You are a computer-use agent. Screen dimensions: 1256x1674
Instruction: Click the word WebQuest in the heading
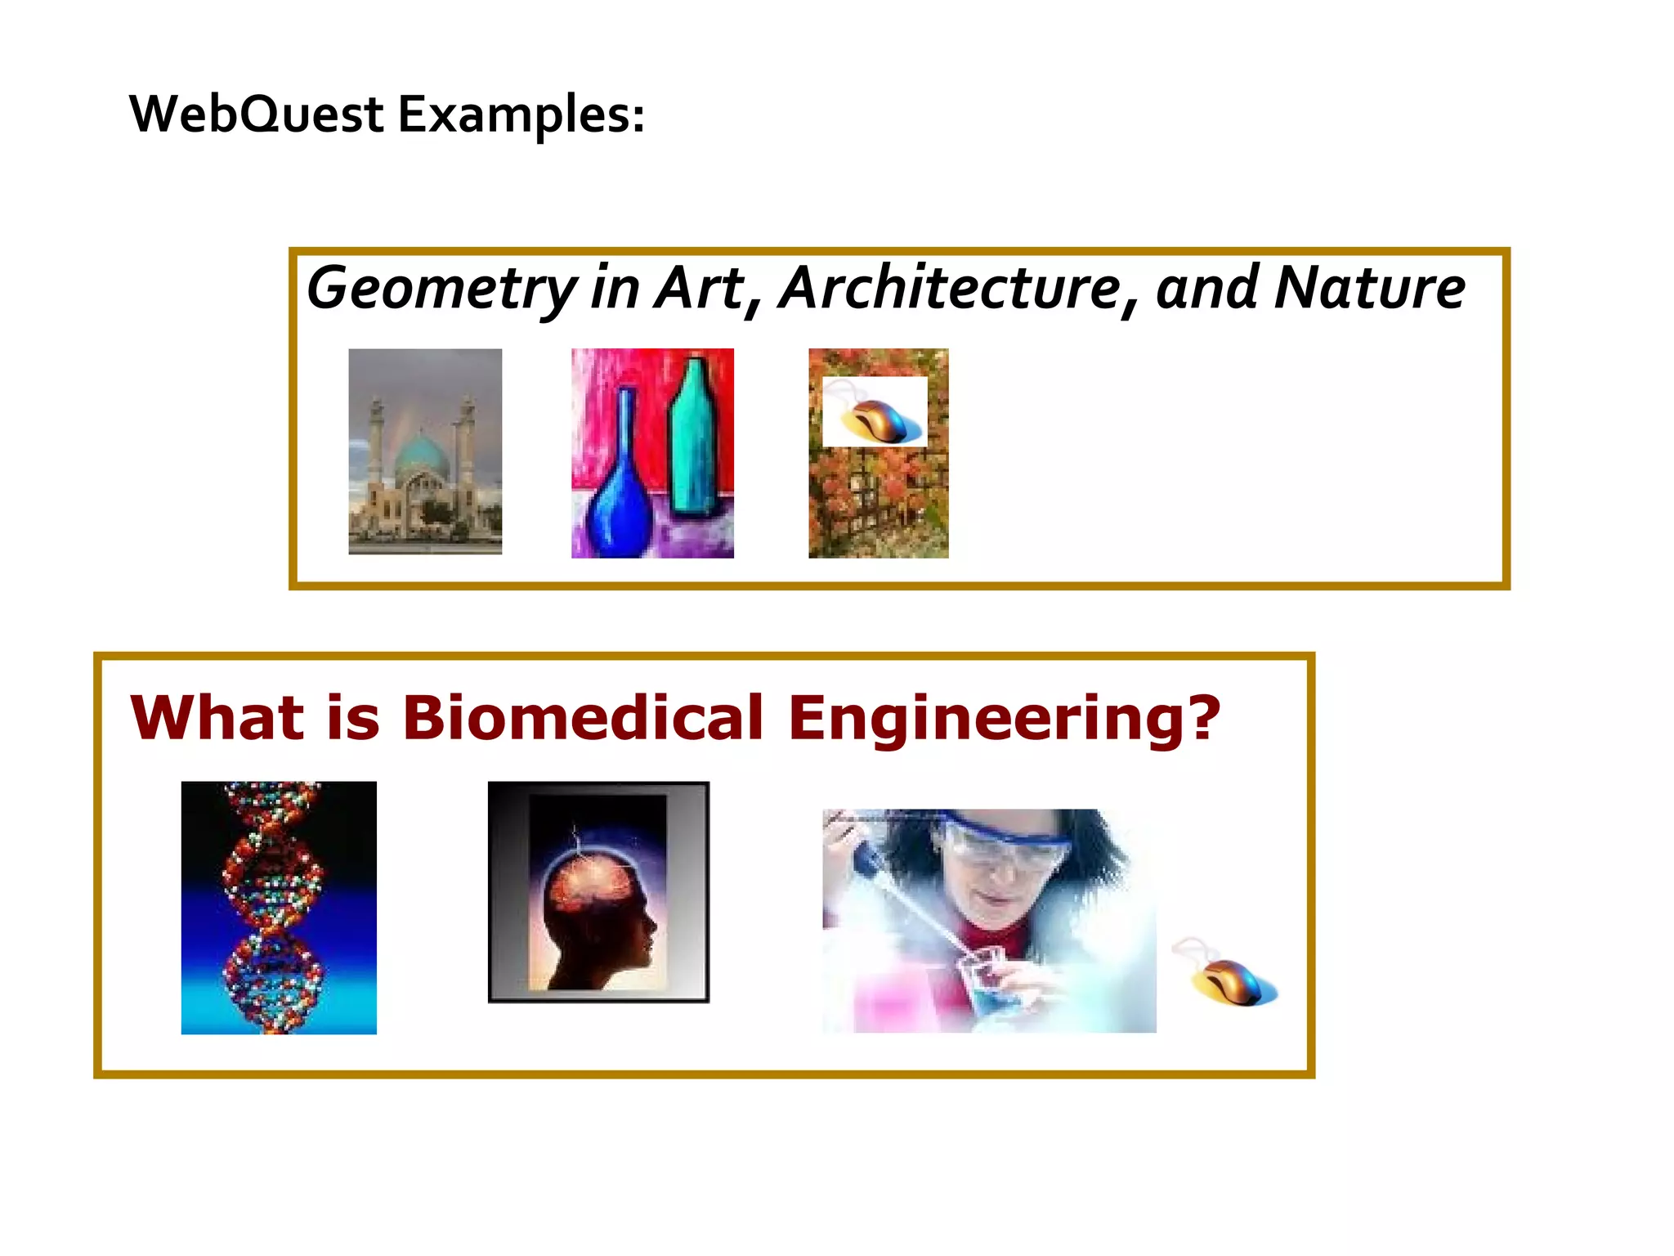(256, 114)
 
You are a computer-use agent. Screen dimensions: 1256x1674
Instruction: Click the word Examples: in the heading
(521, 115)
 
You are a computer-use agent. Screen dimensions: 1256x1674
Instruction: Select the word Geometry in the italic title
(441, 289)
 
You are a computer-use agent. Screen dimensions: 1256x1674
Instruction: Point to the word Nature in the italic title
(1370, 289)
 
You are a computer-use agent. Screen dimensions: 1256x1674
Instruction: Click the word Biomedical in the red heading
(582, 718)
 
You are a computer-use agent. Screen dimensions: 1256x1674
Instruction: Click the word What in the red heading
(217, 718)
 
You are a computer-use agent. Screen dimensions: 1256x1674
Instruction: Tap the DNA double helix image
(279, 908)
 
